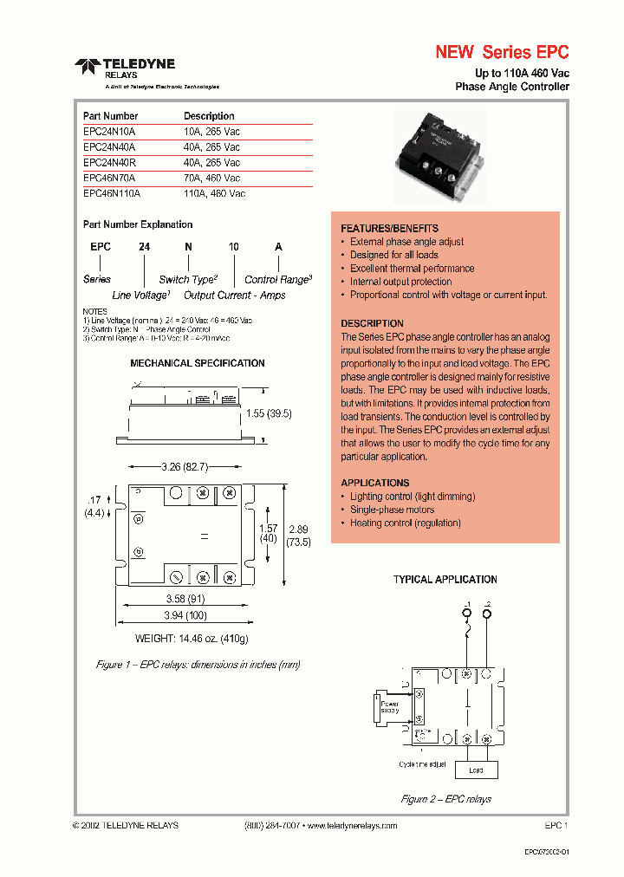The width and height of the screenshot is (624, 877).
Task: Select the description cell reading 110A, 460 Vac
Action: tap(214, 194)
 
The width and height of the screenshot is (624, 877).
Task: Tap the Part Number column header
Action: tap(110, 116)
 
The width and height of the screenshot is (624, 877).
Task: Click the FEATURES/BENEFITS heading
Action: tap(389, 228)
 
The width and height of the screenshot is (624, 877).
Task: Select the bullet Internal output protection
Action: tap(400, 282)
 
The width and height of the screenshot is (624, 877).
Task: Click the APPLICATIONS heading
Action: tap(374, 483)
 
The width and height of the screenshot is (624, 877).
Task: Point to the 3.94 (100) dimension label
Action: tap(184, 615)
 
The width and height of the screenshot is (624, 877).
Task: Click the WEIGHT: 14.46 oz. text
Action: tap(192, 639)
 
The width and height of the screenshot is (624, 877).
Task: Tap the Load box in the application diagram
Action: tap(476, 770)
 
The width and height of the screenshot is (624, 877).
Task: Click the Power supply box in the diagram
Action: tap(389, 707)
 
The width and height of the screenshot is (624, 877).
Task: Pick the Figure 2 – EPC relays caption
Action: tap(446, 799)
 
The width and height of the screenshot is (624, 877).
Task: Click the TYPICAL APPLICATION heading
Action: tap(445, 579)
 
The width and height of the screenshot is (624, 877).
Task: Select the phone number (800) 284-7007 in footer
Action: tap(270, 826)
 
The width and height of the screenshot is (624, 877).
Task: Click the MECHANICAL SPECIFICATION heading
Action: tap(198, 363)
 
